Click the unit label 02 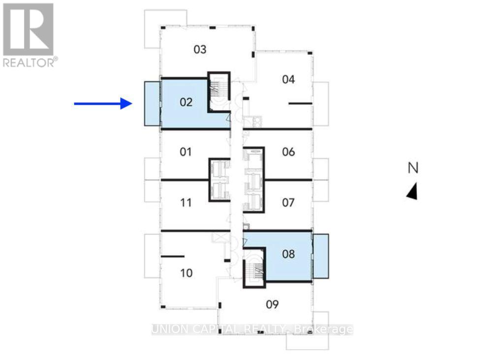(x=186, y=102)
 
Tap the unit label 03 (x=199, y=49)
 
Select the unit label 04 (x=288, y=79)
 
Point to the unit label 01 (x=186, y=151)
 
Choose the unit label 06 (x=288, y=151)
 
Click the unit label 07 (x=288, y=202)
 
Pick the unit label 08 (x=288, y=254)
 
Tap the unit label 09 (x=272, y=304)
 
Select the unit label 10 (x=186, y=273)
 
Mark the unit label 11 (x=186, y=202)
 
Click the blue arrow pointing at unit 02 (x=103, y=103)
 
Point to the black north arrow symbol (x=412, y=191)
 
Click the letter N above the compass (x=413, y=168)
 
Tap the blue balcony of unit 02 (x=152, y=103)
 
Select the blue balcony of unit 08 (x=321, y=256)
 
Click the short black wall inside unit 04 (x=300, y=103)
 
